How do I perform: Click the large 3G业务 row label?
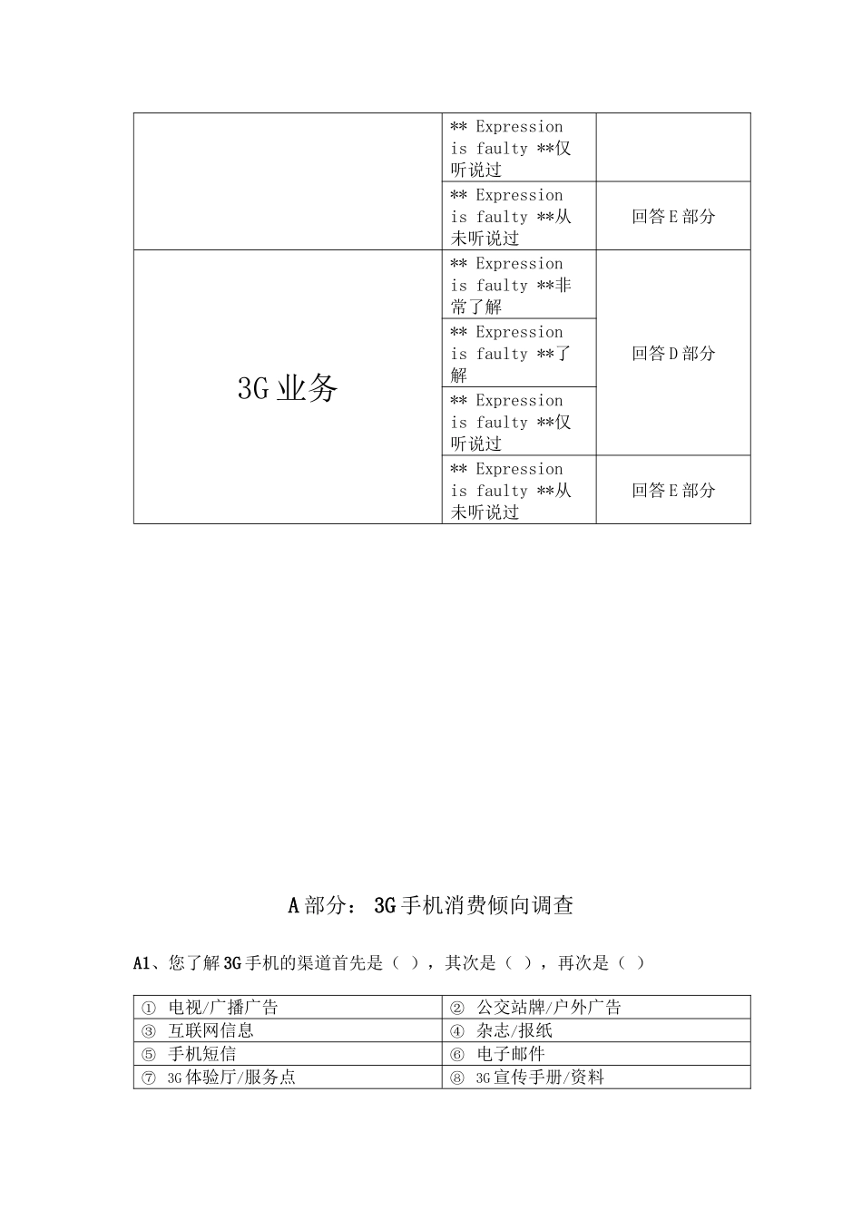pos(288,388)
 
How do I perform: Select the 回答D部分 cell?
pos(673,353)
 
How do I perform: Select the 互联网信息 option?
pos(211,1030)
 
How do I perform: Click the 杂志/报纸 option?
pos(514,1030)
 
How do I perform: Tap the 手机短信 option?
pos(201,1054)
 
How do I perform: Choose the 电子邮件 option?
pos(510,1054)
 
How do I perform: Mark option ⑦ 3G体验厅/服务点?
pos(231,1078)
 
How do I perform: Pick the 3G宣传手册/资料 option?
pos(539,1078)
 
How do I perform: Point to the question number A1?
pos(141,963)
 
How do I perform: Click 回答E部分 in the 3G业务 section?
pos(673,490)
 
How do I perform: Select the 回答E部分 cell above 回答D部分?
pos(673,216)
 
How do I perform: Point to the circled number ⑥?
pos(457,1055)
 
